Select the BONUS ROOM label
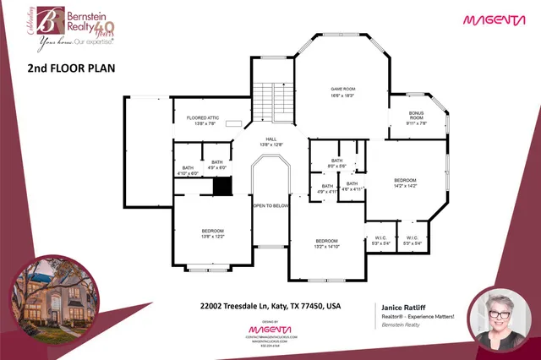pos(416,117)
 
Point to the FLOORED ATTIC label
pos(195,122)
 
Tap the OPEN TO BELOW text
pos(271,205)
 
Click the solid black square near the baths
pos(222,186)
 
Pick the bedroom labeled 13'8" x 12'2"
pos(212,234)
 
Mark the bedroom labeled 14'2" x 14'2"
pos(405,183)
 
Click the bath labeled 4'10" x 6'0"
pos(189,170)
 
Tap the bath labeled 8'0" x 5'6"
pos(336,163)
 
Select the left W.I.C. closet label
pos(380,240)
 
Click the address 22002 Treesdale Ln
pos(270,305)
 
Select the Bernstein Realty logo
pos(73,23)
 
